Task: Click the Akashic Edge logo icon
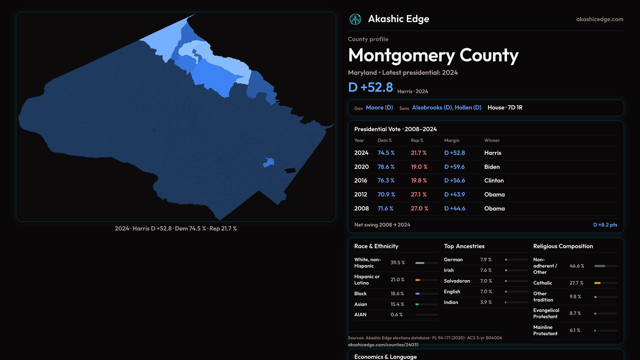[x=355, y=19]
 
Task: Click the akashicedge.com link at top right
[x=600, y=19]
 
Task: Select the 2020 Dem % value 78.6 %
[x=386, y=167]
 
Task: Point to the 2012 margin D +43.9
[x=454, y=194]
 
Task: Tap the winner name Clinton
[x=494, y=180]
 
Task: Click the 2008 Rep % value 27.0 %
[x=419, y=208]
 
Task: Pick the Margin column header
[x=452, y=140]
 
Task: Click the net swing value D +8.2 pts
[x=605, y=225]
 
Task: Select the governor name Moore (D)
[x=379, y=108]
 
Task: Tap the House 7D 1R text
[x=505, y=108]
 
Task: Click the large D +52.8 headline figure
[x=370, y=87]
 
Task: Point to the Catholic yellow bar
[x=597, y=283]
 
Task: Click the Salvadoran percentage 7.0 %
[x=486, y=281]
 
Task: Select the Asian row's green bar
[x=417, y=304]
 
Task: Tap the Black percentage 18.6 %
[x=397, y=294]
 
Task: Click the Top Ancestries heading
[x=464, y=246]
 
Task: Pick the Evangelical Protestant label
[x=546, y=313]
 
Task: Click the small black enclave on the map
[x=290, y=171]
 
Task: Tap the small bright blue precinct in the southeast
[x=269, y=162]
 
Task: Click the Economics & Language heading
[x=385, y=357]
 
